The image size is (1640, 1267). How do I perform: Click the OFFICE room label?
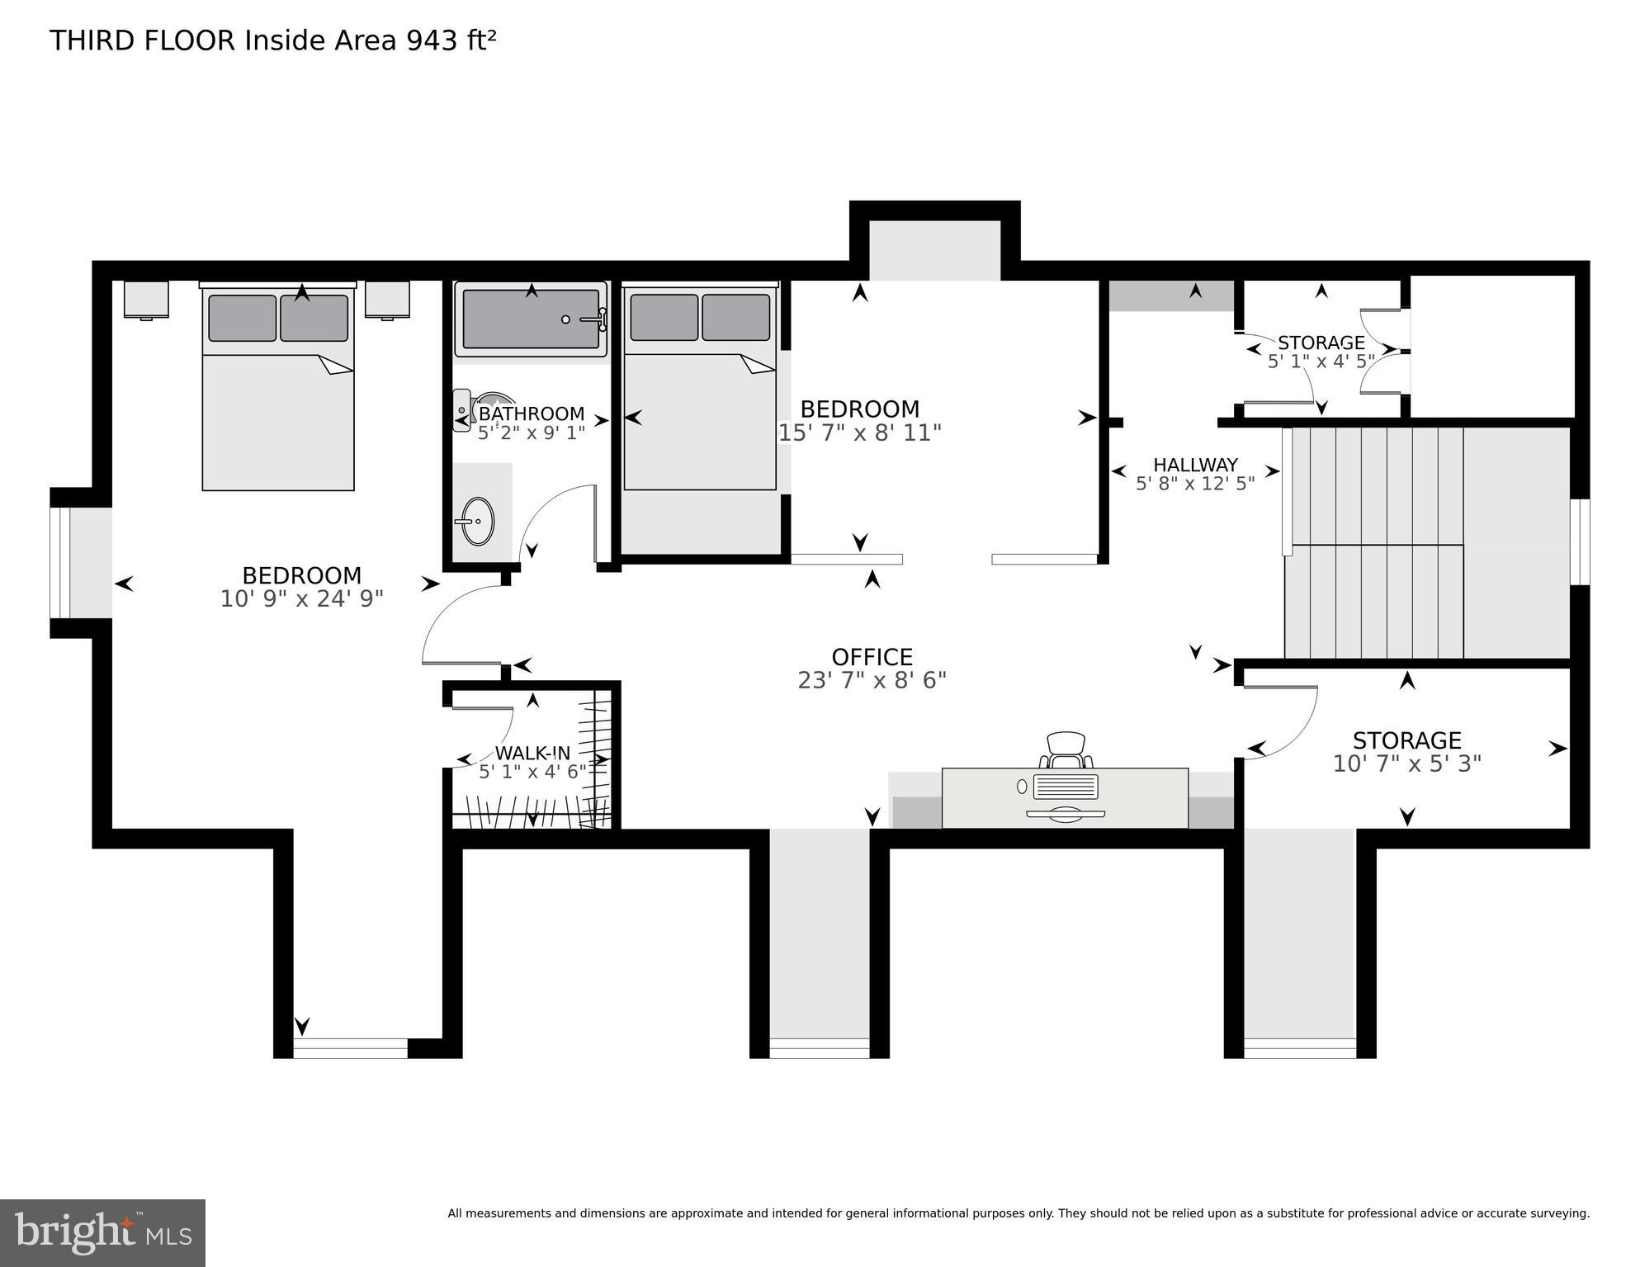(872, 657)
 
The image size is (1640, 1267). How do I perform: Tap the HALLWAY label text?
(1195, 465)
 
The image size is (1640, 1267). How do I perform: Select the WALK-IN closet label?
(532, 753)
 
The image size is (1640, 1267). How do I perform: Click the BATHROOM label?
(532, 414)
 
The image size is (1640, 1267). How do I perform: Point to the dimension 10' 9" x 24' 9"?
(301, 598)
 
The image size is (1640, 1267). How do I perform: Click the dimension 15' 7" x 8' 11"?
(860, 433)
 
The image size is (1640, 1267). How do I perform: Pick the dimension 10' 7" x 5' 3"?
(1406, 764)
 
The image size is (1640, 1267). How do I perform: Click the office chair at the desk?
(1066, 749)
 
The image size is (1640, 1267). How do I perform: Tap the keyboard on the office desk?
(1066, 787)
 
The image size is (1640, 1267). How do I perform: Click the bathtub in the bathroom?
(531, 319)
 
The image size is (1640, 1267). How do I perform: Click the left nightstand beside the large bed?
(146, 299)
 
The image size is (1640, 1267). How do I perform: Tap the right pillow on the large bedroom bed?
(314, 318)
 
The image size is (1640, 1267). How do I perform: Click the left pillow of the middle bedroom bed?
(664, 318)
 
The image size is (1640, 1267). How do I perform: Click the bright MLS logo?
(102, 1232)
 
